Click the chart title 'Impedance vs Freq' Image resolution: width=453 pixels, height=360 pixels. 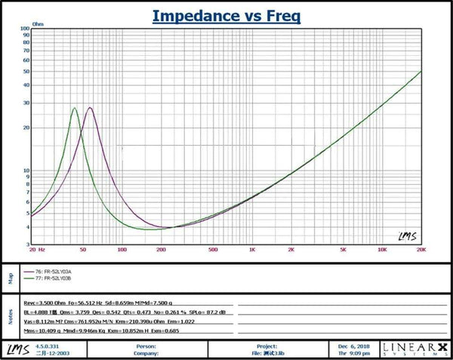pyautogui.click(x=227, y=15)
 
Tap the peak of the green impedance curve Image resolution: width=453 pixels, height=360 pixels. pyautogui.click(x=75, y=109)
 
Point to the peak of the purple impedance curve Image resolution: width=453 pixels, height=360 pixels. pyautogui.click(x=90, y=108)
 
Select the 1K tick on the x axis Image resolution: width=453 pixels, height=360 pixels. pyautogui.click(x=252, y=248)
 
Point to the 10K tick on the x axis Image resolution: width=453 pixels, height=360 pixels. pyautogui.click(x=382, y=248)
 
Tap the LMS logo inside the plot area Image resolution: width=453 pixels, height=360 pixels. pyautogui.click(x=407, y=235)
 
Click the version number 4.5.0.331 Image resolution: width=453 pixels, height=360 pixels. pyautogui.click(x=47, y=345)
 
